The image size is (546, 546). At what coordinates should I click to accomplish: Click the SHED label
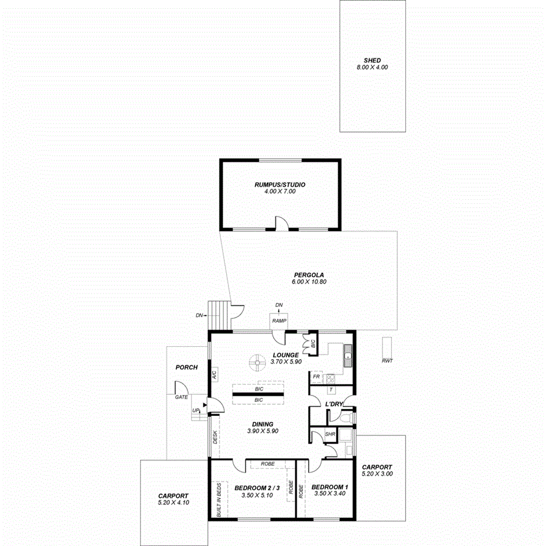point(372,60)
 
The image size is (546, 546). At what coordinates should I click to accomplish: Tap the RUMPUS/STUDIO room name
point(279,185)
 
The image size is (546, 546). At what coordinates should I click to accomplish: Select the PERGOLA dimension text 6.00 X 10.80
point(309,282)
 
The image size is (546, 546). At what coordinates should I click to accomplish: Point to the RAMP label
point(279,321)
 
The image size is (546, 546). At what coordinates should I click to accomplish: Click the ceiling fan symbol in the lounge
point(256,363)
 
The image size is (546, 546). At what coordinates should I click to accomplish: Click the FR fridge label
point(316,377)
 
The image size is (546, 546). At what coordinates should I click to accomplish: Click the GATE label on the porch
point(181,397)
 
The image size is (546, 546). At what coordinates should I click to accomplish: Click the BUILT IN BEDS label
point(219,499)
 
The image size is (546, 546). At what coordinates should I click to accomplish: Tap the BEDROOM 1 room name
point(329,487)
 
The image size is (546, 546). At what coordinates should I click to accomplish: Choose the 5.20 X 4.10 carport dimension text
point(173,502)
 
